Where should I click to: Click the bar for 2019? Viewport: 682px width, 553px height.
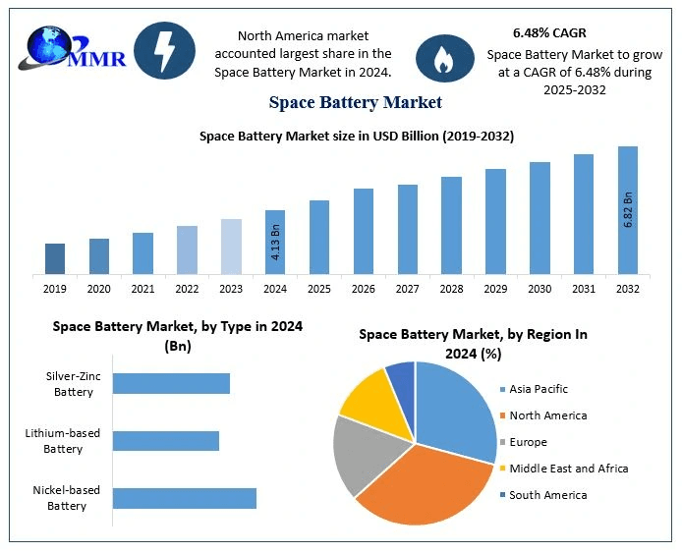[x=55, y=258]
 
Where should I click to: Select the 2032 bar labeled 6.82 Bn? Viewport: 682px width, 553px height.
[x=628, y=210]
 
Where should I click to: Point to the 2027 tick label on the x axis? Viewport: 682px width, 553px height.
[x=408, y=289]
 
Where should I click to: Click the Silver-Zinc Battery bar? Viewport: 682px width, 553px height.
[x=171, y=383]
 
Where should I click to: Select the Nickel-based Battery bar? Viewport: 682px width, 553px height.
[x=185, y=498]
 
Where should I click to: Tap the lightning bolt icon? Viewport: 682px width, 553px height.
[x=164, y=50]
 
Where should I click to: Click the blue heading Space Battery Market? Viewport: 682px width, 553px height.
[x=355, y=102]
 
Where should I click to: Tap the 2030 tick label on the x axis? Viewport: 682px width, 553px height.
[x=540, y=289]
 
